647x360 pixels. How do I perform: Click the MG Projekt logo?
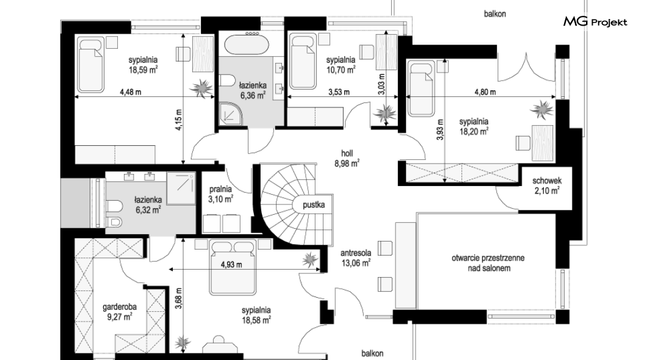tap(595, 22)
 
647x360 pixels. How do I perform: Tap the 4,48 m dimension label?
tap(131, 92)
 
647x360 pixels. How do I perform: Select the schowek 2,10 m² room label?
tap(547, 185)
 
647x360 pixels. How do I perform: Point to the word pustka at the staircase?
tap(314, 204)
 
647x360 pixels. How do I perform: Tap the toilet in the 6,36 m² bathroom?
tap(226, 80)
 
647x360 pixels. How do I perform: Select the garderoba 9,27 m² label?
tap(119, 312)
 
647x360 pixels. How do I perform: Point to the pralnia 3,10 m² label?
tap(220, 194)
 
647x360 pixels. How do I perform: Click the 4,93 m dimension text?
tap(231, 264)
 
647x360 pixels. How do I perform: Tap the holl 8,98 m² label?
tap(347, 159)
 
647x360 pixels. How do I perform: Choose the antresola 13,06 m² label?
tap(356, 257)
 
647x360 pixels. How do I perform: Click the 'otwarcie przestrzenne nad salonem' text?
tap(488, 263)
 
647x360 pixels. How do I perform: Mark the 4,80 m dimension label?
tap(485, 92)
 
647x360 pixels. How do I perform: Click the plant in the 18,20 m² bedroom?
tap(542, 110)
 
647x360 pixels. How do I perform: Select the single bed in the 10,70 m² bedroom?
tap(303, 62)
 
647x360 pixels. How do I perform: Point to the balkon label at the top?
tap(495, 14)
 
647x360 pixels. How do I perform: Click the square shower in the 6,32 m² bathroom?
tap(181, 189)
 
